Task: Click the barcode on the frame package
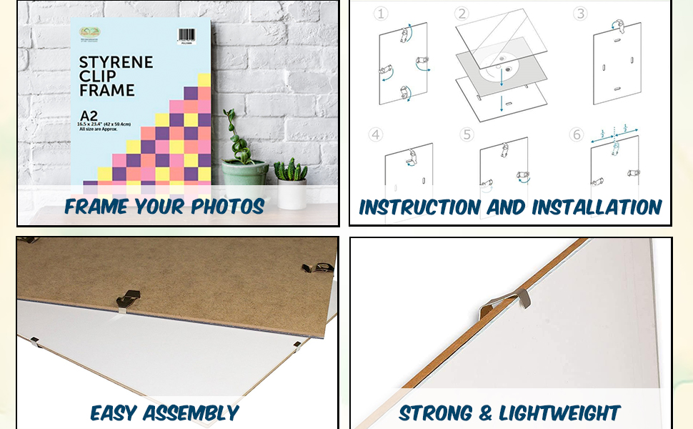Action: (x=186, y=36)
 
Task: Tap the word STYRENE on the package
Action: (x=116, y=62)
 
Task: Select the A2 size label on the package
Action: (x=89, y=115)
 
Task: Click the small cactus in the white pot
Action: (x=291, y=171)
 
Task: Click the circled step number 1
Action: (x=382, y=14)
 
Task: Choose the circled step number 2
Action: (x=462, y=14)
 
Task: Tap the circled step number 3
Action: (x=580, y=14)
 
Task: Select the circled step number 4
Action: (x=377, y=134)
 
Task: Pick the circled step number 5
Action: (x=467, y=134)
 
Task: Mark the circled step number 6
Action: (x=577, y=134)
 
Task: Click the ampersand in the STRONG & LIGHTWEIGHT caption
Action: (x=485, y=413)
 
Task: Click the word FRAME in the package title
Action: (x=107, y=91)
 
